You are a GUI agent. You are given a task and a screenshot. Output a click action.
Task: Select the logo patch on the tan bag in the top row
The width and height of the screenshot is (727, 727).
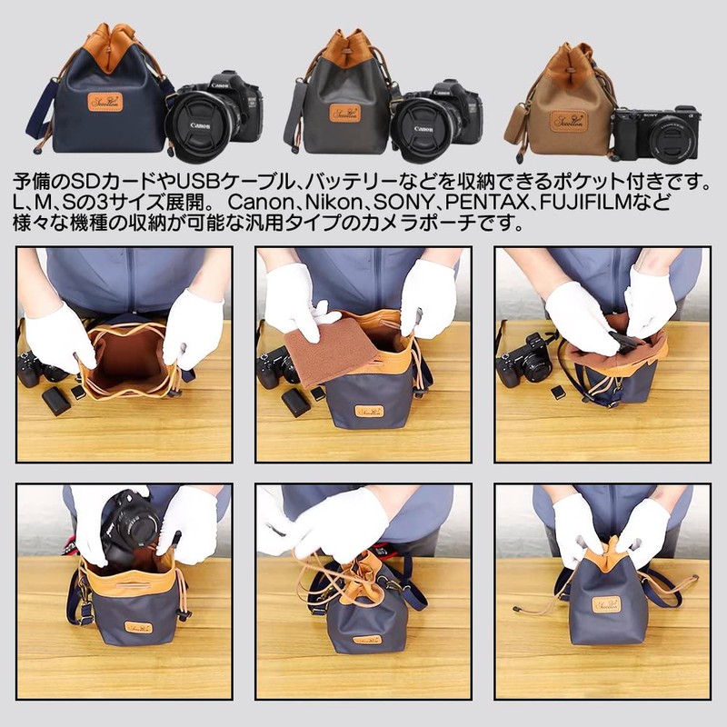[x=571, y=118]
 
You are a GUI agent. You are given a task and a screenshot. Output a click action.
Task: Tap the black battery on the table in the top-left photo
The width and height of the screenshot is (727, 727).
[x=55, y=400]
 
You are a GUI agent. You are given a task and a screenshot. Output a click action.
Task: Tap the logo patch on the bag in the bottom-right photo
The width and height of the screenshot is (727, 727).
[x=607, y=604]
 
